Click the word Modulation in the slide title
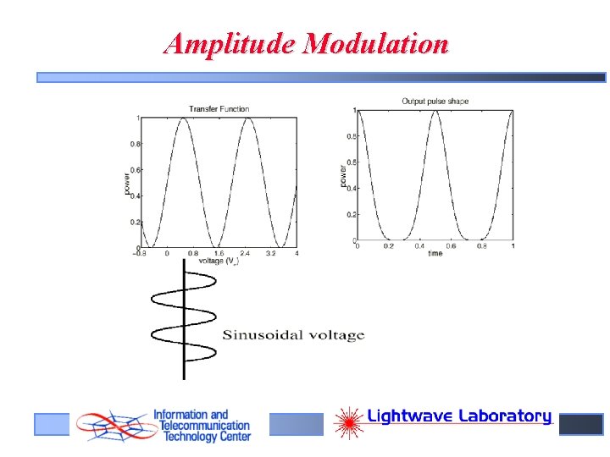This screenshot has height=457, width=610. (x=378, y=43)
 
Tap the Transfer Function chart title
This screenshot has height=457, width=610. (x=218, y=107)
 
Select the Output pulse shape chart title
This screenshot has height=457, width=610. (x=435, y=102)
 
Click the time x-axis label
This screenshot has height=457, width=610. (x=435, y=254)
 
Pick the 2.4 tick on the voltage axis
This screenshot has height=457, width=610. (x=245, y=253)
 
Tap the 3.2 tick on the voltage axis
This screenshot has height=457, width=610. (x=271, y=253)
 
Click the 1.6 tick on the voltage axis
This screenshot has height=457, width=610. (x=219, y=253)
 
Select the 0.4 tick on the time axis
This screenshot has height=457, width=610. (x=419, y=246)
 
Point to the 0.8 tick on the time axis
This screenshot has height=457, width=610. (x=481, y=246)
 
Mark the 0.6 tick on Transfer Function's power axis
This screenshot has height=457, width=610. (x=136, y=170)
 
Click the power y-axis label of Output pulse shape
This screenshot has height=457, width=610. (x=343, y=177)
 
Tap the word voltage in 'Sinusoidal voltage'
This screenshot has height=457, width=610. (x=335, y=335)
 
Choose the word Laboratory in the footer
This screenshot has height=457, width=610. (x=505, y=416)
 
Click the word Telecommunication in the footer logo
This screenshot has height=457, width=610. (x=202, y=427)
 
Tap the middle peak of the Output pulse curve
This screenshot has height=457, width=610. (x=434, y=111)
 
